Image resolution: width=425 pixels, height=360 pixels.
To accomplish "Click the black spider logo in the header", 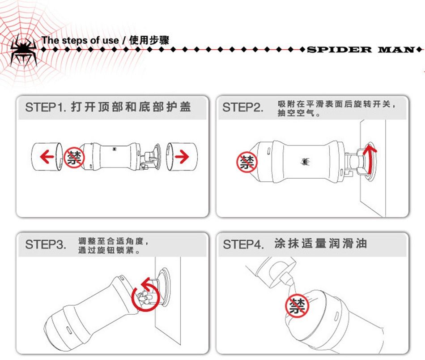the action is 24,51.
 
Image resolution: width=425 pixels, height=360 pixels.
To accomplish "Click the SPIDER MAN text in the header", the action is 361,50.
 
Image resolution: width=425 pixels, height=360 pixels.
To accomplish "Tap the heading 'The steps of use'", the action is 80,40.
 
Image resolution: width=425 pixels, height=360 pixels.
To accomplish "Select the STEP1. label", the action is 46,107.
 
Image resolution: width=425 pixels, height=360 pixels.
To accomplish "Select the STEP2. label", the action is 242,107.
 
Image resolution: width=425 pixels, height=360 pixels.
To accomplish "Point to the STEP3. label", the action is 46,244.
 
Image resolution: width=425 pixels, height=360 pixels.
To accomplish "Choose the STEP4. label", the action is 243,244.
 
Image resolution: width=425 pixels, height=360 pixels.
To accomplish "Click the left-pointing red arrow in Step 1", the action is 47,157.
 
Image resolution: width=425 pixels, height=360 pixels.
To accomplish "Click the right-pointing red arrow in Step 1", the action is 182,156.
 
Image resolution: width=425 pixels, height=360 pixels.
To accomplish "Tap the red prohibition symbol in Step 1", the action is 74,158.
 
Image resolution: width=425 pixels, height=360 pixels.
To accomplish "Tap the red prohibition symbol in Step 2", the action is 247,162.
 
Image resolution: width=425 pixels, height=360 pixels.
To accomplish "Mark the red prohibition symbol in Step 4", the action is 297,306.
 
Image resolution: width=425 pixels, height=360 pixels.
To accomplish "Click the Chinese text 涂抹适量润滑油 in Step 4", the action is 321,243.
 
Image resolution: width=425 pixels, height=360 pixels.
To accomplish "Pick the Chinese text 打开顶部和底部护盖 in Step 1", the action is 131,107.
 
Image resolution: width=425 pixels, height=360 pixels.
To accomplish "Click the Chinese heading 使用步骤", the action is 149,40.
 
